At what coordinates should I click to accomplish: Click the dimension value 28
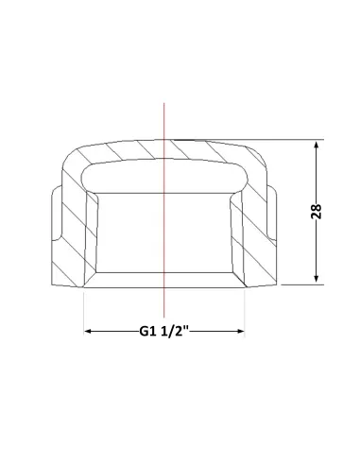tap(316, 212)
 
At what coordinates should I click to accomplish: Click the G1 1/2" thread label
tap(163, 332)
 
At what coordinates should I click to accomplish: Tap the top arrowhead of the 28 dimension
tap(317, 146)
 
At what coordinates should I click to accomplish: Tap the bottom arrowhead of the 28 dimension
tap(317, 278)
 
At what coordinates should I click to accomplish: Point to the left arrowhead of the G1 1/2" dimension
tap(89, 331)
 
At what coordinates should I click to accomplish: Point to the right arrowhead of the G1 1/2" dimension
tap(240, 331)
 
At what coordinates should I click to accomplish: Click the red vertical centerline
tap(163, 210)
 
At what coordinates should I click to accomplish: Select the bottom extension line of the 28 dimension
tap(302, 284)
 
